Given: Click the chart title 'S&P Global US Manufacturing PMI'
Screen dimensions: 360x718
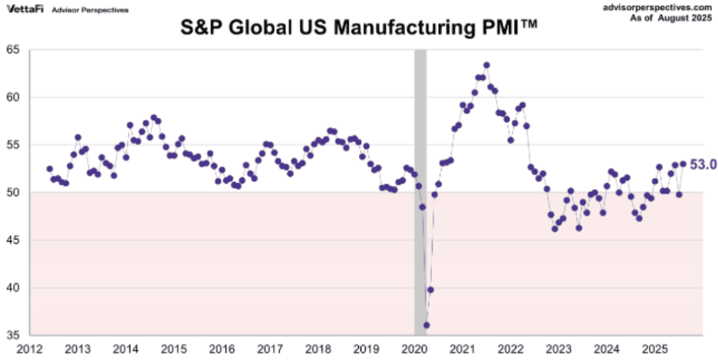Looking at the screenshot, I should click(359, 29).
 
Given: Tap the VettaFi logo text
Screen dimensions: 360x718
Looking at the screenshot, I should click(23, 9).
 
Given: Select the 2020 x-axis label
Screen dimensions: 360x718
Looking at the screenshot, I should click(414, 349).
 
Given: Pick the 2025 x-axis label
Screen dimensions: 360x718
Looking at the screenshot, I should click(654, 349).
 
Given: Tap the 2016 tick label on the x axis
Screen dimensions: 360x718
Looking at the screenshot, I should click(222, 349).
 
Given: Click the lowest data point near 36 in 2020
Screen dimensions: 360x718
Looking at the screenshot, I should click(427, 325).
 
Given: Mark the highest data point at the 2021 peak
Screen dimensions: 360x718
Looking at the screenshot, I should click(486, 65).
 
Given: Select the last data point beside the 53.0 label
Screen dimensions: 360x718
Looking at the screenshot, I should click(683, 163).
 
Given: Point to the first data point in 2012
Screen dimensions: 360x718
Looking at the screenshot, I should click(50, 169).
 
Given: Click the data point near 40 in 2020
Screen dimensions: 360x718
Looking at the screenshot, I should click(430, 289).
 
